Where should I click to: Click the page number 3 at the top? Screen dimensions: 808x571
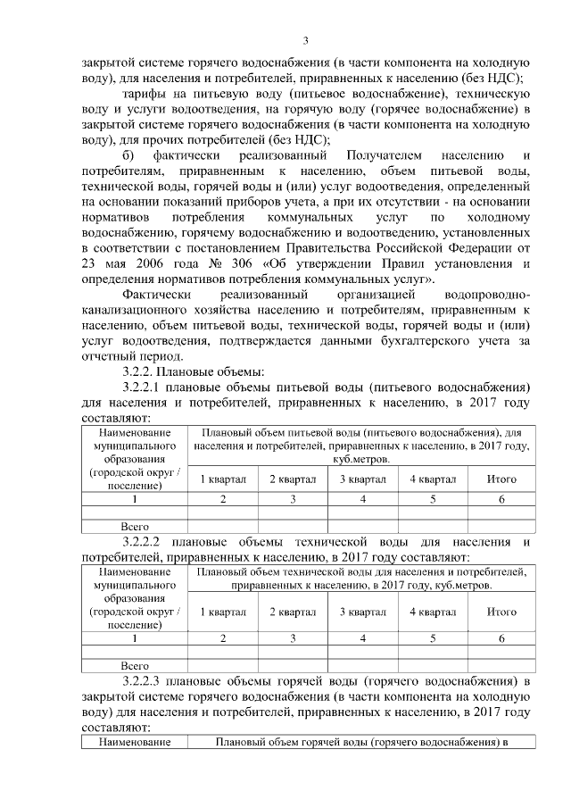pos(305,40)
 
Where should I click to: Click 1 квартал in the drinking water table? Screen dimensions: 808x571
pos(223,479)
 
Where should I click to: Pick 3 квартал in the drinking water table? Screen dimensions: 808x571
pos(362,479)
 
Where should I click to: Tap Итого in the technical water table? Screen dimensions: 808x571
pos(501,612)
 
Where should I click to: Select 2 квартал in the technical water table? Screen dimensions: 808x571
pos(293,612)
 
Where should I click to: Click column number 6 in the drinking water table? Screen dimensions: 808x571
pos(501,499)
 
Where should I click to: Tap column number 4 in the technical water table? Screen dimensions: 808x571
pos(362,638)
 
